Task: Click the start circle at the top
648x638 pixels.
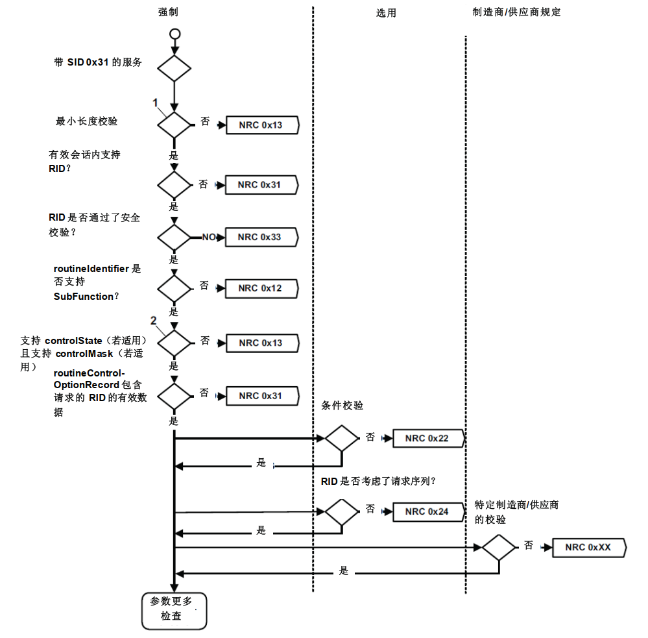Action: point(174,33)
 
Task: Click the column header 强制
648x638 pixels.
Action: point(168,12)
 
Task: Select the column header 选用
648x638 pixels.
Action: point(386,12)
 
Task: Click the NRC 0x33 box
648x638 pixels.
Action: point(261,237)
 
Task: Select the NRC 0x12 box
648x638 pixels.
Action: point(261,288)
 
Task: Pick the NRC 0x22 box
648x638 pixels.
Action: point(428,438)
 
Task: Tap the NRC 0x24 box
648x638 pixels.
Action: point(428,511)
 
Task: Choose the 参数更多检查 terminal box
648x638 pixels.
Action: point(174,609)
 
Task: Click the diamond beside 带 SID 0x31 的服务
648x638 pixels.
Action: point(174,67)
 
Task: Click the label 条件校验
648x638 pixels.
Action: point(342,406)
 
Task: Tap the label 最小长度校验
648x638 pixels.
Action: point(87,121)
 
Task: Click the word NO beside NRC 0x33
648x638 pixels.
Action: point(208,238)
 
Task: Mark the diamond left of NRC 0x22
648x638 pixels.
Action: point(342,438)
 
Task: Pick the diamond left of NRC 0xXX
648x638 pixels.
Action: point(499,547)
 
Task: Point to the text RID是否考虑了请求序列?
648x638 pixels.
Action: point(378,482)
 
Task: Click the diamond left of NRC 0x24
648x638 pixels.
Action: point(342,511)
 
